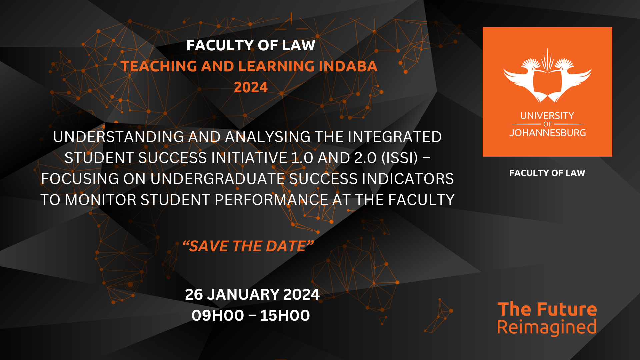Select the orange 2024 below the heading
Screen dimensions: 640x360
click(251, 87)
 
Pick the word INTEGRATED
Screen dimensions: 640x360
click(395, 137)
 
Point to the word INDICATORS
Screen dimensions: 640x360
click(408, 179)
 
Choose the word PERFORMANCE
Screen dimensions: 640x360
click(271, 200)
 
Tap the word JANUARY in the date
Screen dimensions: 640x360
click(243, 294)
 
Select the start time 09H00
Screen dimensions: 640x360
click(218, 315)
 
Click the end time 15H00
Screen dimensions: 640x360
click(285, 315)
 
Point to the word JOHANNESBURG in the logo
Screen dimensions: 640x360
click(547, 133)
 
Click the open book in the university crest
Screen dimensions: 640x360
click(547, 82)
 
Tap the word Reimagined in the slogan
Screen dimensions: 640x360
click(547, 327)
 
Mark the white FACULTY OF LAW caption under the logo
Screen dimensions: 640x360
click(547, 173)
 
